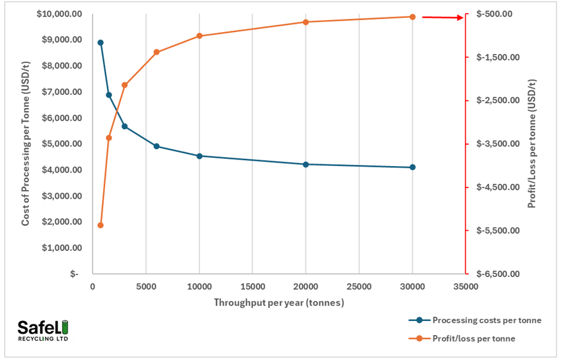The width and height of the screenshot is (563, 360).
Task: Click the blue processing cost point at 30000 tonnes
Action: click(x=412, y=167)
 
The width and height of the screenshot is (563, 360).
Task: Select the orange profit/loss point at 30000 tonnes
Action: click(x=412, y=17)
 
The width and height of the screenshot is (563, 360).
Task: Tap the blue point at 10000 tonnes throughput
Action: click(x=199, y=156)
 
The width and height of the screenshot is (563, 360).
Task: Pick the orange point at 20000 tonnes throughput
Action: click(x=306, y=22)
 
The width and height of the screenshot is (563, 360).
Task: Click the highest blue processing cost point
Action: click(x=100, y=43)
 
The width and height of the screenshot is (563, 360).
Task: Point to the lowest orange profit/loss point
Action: click(x=100, y=225)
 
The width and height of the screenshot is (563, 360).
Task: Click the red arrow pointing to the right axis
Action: click(x=442, y=17)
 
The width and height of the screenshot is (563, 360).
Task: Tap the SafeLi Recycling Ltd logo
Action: click(x=43, y=330)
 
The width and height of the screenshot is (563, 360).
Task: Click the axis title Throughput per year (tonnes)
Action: click(x=279, y=302)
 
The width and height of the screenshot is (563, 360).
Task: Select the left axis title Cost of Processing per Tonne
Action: click(x=26, y=144)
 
